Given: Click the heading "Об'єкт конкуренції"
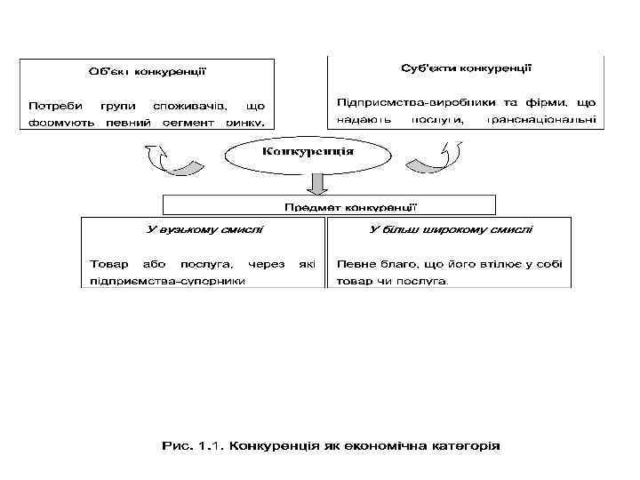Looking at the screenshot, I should [148, 71].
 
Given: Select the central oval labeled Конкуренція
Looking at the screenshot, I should [307, 153].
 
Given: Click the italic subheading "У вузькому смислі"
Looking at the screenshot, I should [204, 230].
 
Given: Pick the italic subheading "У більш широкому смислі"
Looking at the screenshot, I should [451, 230].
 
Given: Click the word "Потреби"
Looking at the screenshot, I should [50, 106].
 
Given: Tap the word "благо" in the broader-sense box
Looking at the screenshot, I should [394, 264].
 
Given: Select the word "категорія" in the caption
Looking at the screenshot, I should [471, 444].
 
